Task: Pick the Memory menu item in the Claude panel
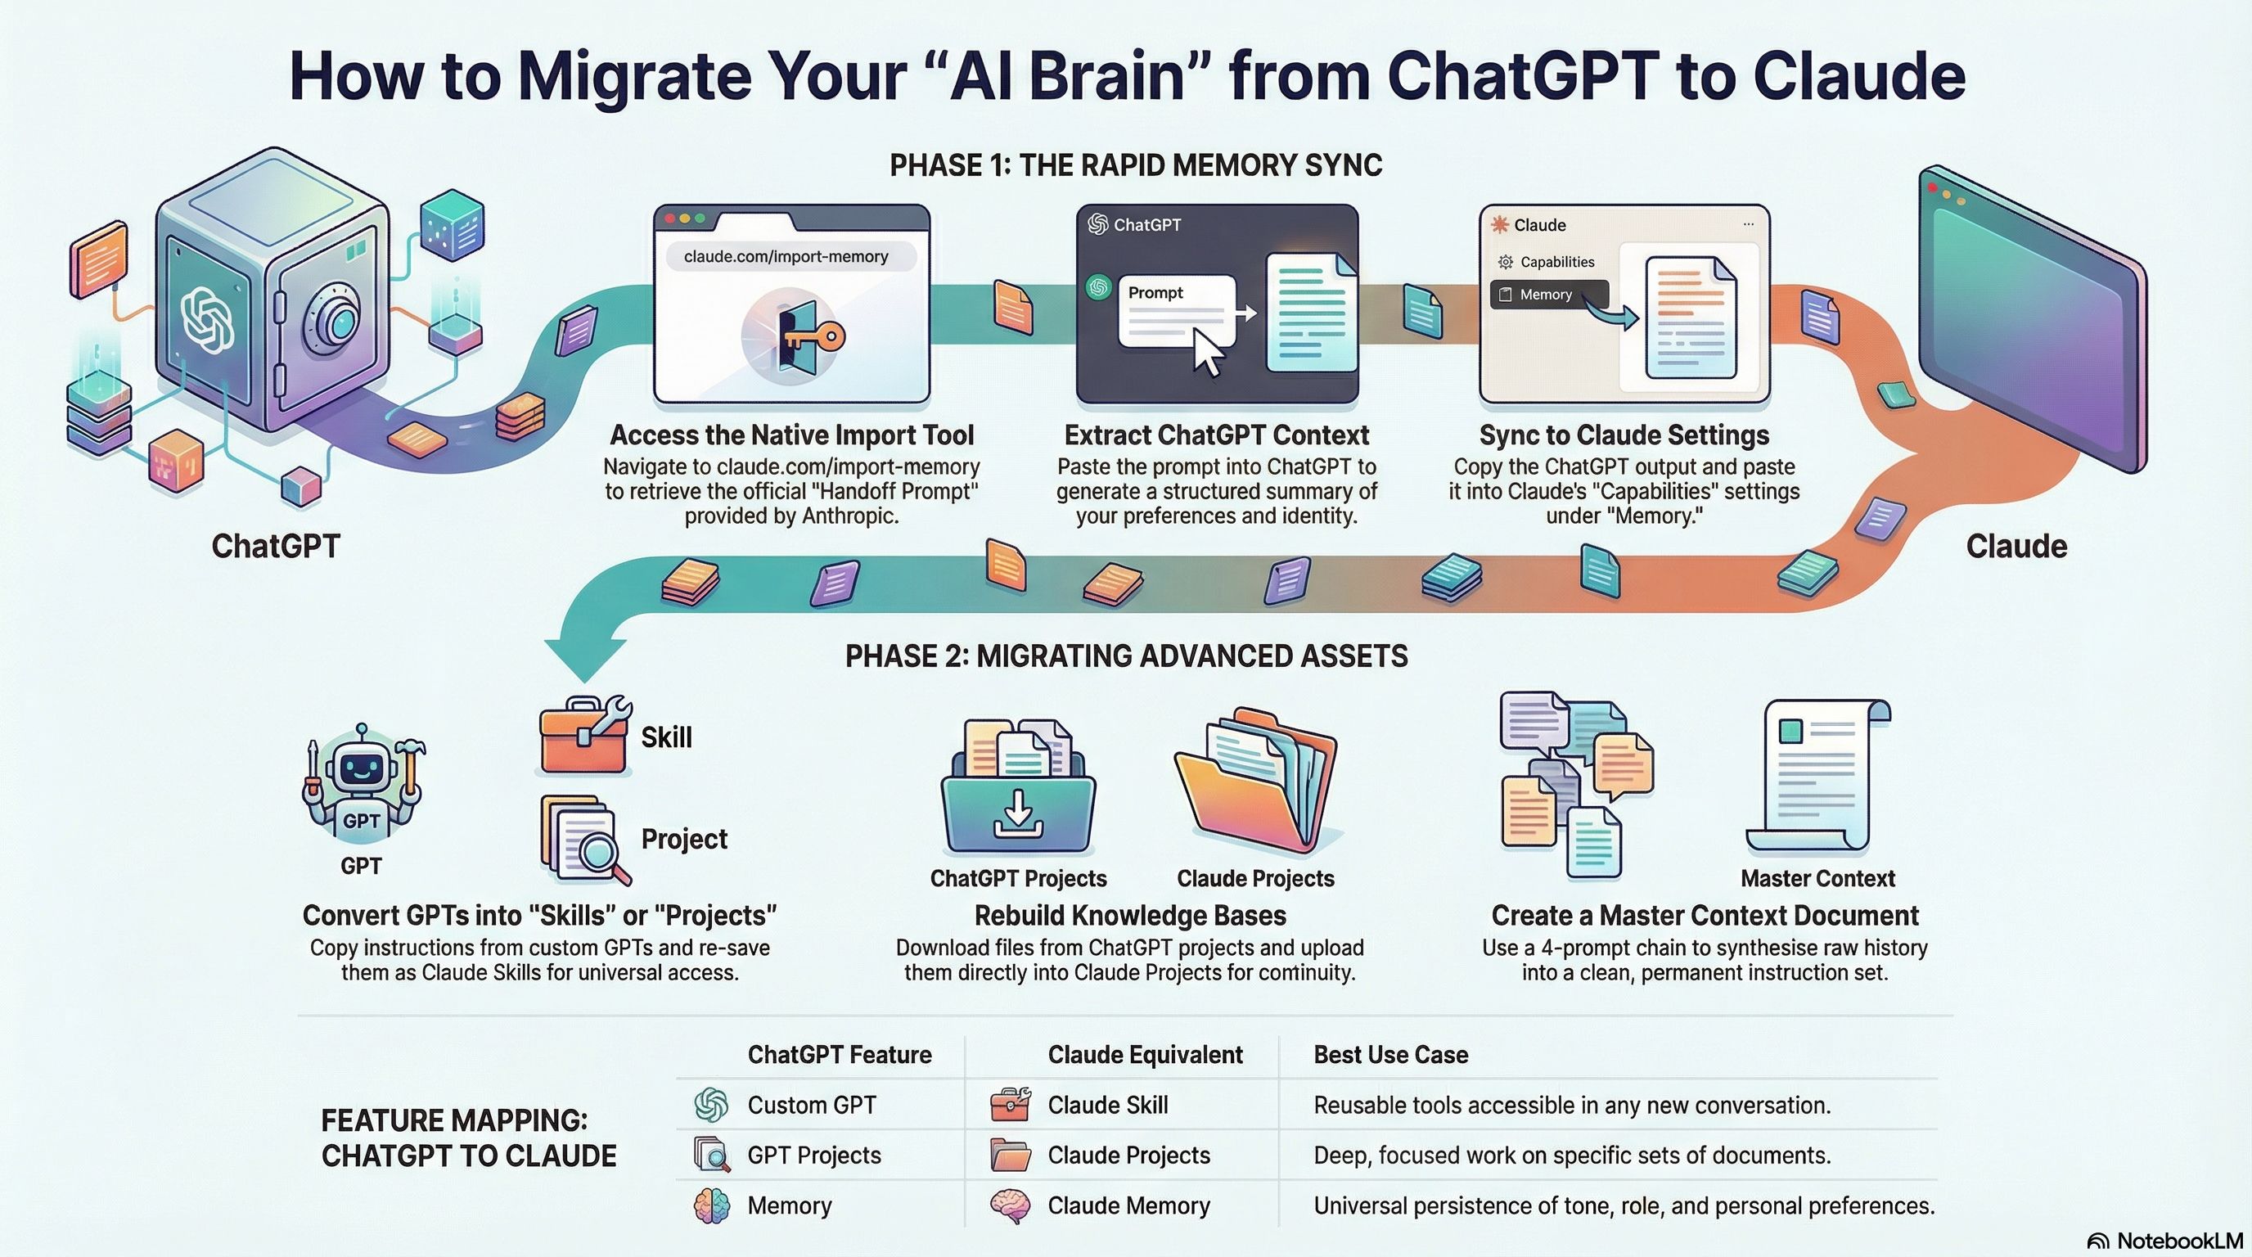tap(1548, 295)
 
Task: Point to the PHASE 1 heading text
tap(1136, 165)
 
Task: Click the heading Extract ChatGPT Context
tap(1216, 435)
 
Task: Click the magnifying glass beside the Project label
tap(603, 852)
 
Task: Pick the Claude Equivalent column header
tap(1144, 1054)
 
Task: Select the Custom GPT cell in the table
tap(811, 1105)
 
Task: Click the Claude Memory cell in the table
tap(1128, 1205)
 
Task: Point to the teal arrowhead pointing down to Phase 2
tap(585, 659)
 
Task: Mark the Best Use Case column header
tap(1390, 1054)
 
